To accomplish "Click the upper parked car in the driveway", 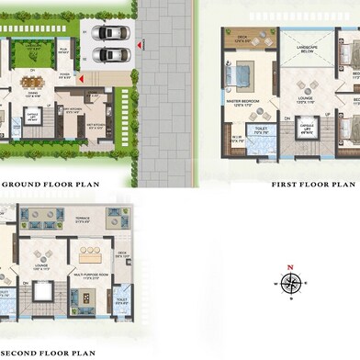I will click(x=110, y=33).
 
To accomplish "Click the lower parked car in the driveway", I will click(x=110, y=54).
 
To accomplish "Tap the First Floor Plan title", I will click(x=312, y=185).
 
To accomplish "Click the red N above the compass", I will click(x=290, y=266).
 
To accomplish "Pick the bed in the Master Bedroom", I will click(x=243, y=73).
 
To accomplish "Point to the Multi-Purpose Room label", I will click(x=90, y=276).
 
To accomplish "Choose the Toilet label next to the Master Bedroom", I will click(x=261, y=130).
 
